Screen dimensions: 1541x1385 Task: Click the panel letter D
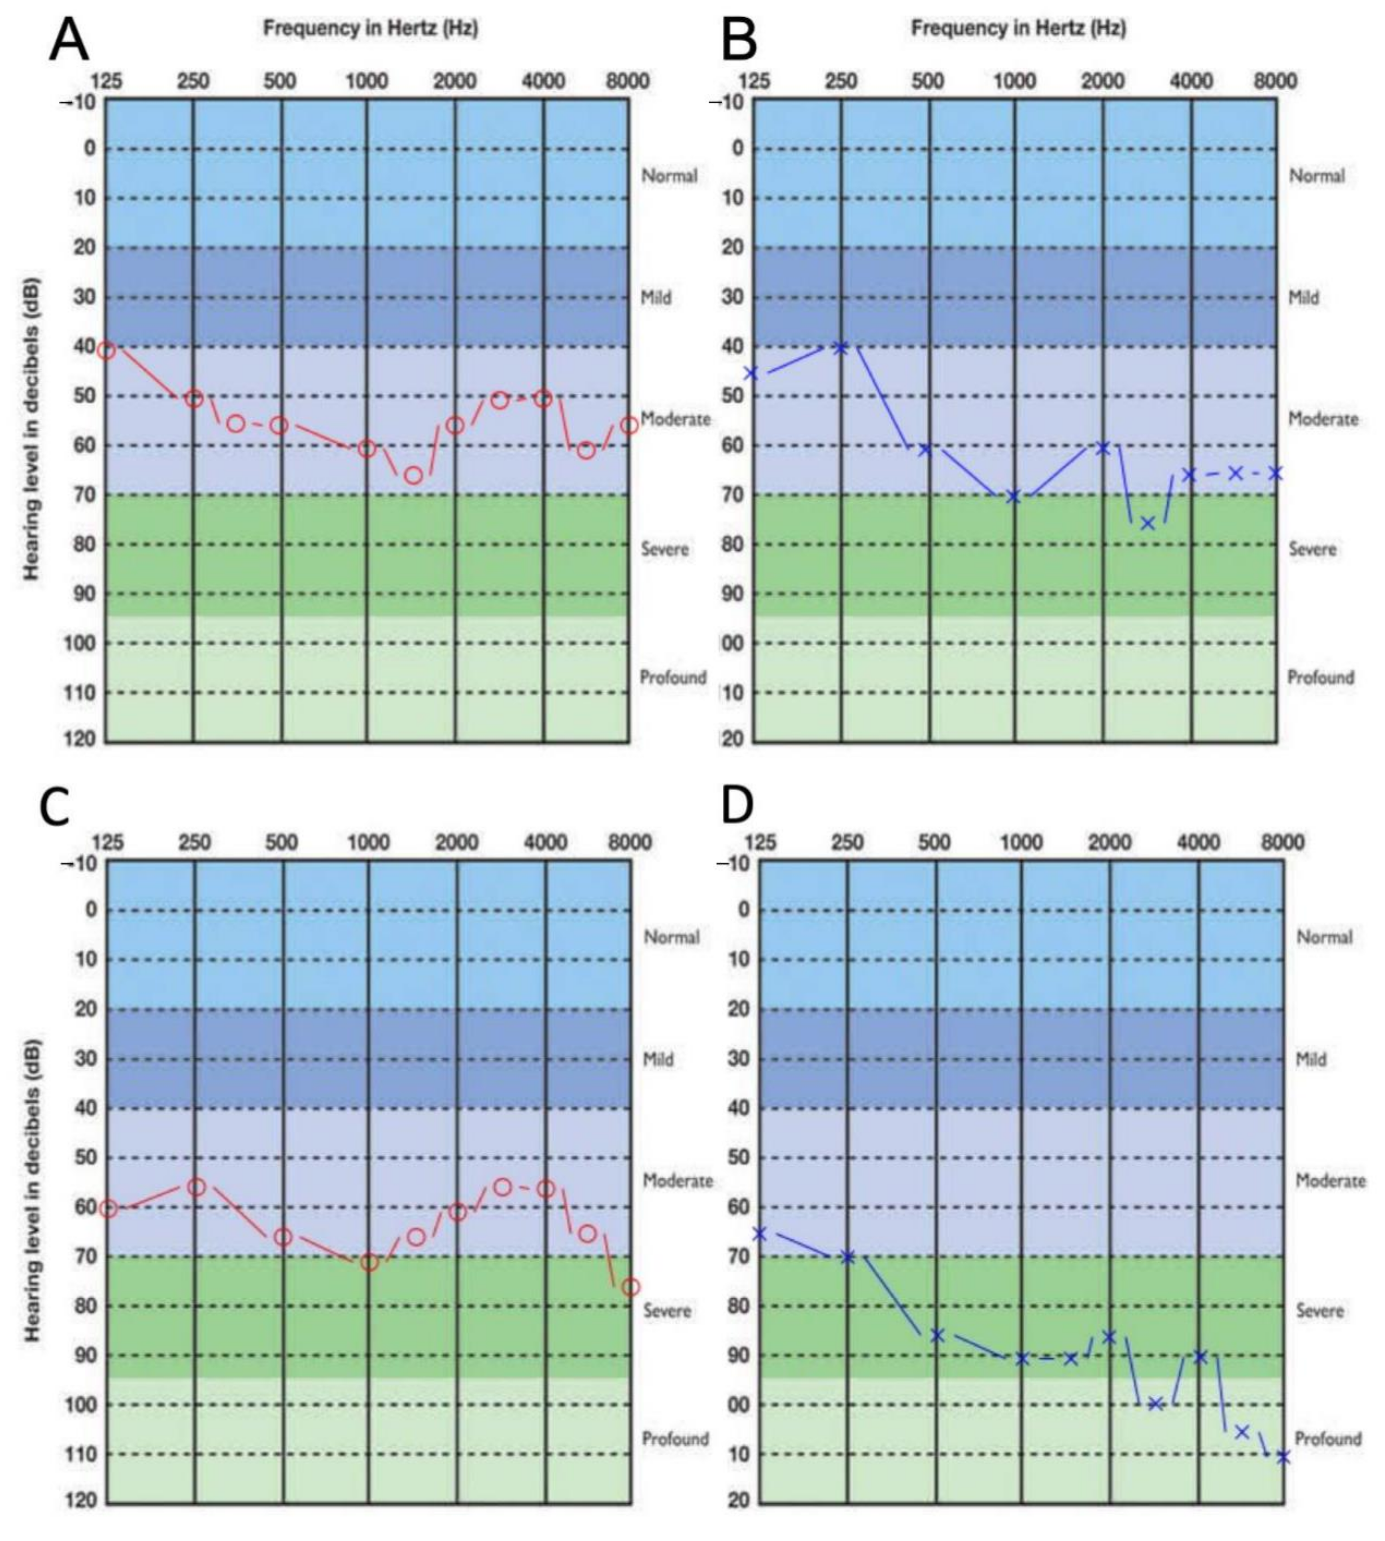click(737, 805)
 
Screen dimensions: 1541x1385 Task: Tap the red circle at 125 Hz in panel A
click(107, 350)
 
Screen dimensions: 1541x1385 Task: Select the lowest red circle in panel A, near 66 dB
click(413, 476)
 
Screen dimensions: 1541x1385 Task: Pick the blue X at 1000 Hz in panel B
click(1014, 496)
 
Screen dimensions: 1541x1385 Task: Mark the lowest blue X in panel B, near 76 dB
click(1148, 523)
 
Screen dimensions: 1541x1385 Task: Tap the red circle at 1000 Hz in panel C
click(369, 1262)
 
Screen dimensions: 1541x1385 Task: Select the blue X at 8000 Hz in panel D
click(1283, 1457)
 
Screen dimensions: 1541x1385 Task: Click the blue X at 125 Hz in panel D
click(759, 1233)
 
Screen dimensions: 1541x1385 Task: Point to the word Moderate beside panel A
click(675, 419)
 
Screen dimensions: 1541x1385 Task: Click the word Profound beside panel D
click(1328, 1438)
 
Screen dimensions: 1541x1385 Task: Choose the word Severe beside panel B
click(1312, 549)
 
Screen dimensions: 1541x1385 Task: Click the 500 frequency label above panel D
click(934, 842)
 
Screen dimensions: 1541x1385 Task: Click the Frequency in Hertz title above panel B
click(1018, 29)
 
